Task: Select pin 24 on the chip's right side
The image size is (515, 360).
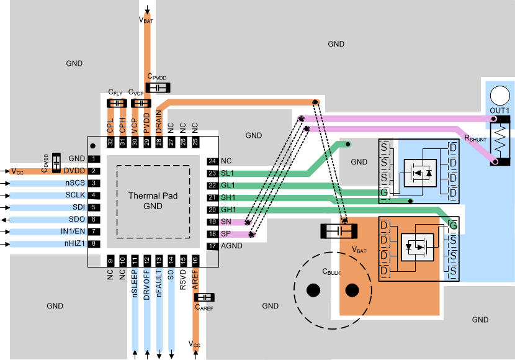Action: pos(212,161)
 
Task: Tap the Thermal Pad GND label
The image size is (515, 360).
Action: pos(153,200)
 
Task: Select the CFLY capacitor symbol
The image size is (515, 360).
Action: pos(116,102)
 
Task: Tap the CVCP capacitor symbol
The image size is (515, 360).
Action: pos(140,102)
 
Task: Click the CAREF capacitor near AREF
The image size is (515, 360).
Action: pos(204,297)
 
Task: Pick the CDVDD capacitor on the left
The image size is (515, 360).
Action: pos(56,163)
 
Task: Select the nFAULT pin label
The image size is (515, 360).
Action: pos(159,283)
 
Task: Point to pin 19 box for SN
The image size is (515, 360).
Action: pos(212,222)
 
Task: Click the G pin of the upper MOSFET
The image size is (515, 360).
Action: pos(385,193)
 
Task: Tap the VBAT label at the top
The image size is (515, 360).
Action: pos(147,20)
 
